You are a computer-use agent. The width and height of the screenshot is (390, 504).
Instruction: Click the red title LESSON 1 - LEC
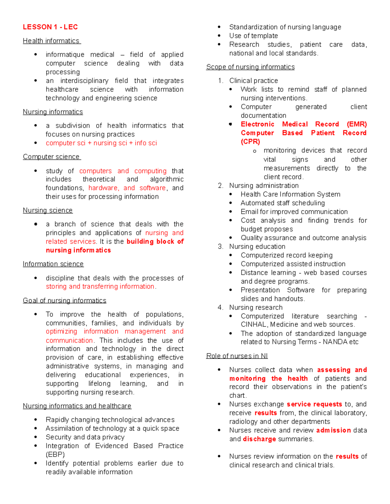click(x=50, y=27)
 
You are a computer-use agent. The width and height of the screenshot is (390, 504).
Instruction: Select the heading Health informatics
click(x=51, y=41)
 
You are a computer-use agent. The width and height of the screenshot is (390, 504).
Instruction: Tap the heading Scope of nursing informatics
click(x=250, y=67)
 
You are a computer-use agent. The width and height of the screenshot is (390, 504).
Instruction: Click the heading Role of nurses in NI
click(x=237, y=356)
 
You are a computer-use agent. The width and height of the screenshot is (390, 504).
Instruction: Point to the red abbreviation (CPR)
click(x=250, y=142)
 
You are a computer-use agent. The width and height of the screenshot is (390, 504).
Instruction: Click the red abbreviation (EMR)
click(x=357, y=124)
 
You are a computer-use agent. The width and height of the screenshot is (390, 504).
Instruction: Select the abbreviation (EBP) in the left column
click(x=55, y=454)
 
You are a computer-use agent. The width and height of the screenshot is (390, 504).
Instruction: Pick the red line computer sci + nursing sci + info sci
click(x=101, y=143)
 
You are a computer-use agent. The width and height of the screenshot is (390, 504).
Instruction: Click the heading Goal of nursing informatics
click(x=64, y=301)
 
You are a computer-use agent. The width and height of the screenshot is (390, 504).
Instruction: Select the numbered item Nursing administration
click(x=264, y=186)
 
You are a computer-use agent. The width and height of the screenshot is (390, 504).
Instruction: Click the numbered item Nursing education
click(x=257, y=247)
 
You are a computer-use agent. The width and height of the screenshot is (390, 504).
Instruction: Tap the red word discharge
click(x=259, y=439)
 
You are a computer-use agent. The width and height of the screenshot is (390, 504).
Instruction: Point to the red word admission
click(x=333, y=430)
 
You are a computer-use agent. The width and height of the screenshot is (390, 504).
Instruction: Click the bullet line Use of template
click(x=253, y=36)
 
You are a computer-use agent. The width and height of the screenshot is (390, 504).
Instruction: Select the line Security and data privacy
click(x=85, y=437)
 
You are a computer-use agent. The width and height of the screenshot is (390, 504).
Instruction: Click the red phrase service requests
click(x=314, y=404)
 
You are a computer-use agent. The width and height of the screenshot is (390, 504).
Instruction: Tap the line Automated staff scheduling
click(x=282, y=203)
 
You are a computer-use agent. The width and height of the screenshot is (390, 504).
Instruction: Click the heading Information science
click(x=53, y=264)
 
